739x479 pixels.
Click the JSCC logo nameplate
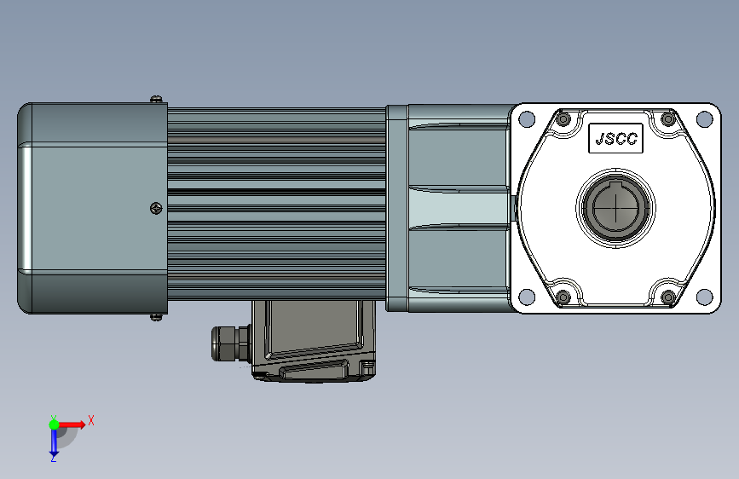615,138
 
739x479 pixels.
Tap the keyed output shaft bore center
615,207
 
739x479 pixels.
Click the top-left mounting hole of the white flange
527,118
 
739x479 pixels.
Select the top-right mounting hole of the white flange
705,118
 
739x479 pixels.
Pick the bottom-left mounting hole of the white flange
527,297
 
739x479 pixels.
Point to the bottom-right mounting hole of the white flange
705,297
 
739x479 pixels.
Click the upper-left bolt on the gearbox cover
563,118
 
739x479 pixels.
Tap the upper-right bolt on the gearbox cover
668,118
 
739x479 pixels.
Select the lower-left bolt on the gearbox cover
563,297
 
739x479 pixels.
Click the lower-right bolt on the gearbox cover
668,297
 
